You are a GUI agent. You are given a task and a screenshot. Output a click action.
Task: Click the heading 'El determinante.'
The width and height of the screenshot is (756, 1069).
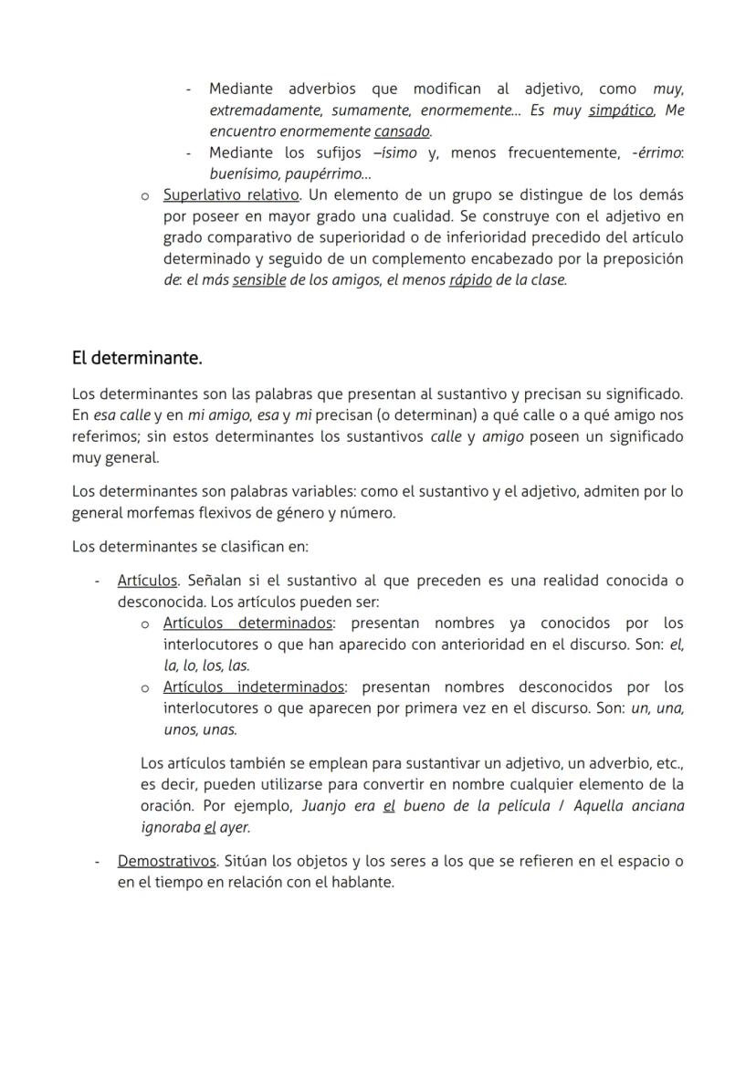(x=137, y=359)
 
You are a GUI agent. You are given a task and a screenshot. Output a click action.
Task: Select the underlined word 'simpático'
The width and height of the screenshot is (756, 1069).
(x=621, y=110)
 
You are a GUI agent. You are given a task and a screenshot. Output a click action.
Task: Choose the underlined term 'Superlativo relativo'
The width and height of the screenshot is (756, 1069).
(x=231, y=195)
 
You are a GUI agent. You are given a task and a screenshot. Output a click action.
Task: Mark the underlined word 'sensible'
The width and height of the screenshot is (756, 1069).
(x=259, y=280)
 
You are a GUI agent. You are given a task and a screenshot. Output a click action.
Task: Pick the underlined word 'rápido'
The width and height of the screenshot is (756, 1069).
(x=470, y=280)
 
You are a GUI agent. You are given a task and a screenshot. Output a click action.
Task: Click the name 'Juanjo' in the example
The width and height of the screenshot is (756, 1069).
(x=325, y=807)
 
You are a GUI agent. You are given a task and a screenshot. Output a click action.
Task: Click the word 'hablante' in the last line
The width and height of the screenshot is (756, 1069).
(x=364, y=883)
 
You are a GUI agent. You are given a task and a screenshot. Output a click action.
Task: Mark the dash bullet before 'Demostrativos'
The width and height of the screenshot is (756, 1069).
(x=98, y=862)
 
